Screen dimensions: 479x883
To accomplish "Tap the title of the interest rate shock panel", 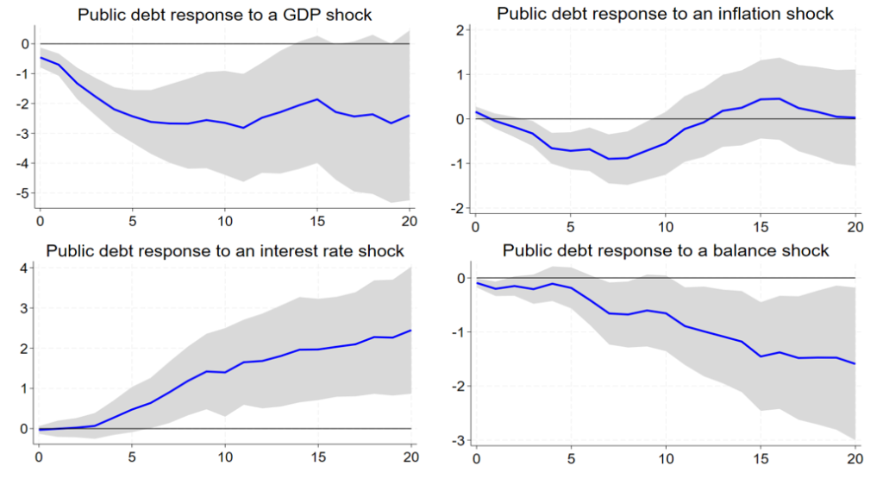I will point(225,251).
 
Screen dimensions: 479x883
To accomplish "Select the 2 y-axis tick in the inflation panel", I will point(460,30).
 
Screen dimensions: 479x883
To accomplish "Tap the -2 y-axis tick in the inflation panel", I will point(457,208).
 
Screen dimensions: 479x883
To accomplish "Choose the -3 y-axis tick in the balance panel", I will point(457,440).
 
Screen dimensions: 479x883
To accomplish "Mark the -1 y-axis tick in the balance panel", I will point(457,332).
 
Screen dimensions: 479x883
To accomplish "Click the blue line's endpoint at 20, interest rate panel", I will point(411,330).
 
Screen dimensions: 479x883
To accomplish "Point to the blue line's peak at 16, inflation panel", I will point(780,98).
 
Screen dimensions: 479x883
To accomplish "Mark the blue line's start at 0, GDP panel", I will point(40,57).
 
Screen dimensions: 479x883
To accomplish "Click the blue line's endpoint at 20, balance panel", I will point(855,364).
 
